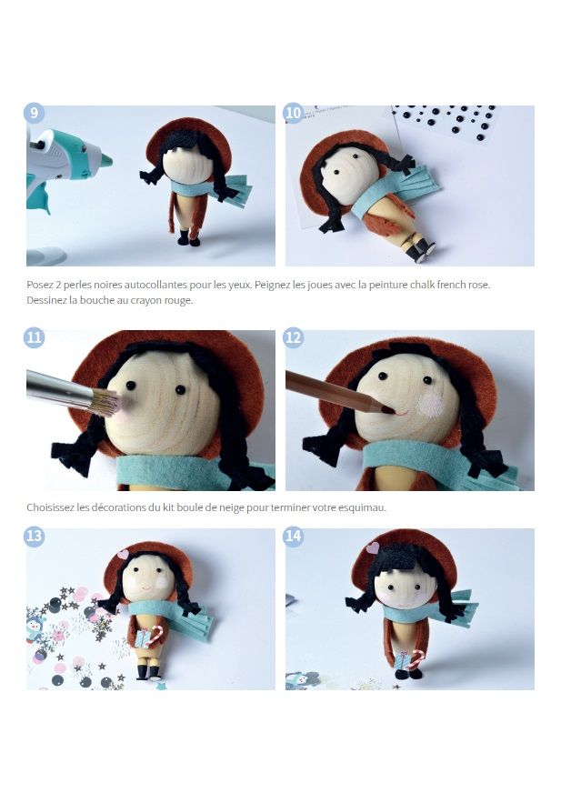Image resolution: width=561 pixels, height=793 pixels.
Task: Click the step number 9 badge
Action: click(x=34, y=112)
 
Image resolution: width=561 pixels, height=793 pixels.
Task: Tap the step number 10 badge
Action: click(x=294, y=112)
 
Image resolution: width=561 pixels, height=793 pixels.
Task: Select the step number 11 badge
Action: click(x=34, y=336)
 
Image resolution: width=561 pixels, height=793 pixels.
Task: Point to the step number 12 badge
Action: click(x=294, y=336)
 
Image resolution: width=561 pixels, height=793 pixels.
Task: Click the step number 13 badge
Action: click(x=34, y=536)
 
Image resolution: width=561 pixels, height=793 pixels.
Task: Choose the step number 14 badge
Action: click(x=294, y=536)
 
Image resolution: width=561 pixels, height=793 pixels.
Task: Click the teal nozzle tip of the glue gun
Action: click(x=105, y=161)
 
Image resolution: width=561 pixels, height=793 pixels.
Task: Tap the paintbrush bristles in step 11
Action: click(x=106, y=403)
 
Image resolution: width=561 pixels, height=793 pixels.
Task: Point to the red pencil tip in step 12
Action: click(x=389, y=410)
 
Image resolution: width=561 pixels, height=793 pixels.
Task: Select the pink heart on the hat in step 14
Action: click(x=373, y=547)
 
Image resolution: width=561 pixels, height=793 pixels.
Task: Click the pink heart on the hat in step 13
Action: click(x=123, y=554)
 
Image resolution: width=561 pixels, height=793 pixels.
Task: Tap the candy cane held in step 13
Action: click(x=156, y=635)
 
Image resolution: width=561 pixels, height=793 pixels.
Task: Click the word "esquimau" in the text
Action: click(x=366, y=507)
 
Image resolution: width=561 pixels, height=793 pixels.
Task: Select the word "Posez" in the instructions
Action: click(x=38, y=285)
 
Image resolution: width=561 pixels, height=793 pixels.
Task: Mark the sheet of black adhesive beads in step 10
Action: click(x=446, y=121)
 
